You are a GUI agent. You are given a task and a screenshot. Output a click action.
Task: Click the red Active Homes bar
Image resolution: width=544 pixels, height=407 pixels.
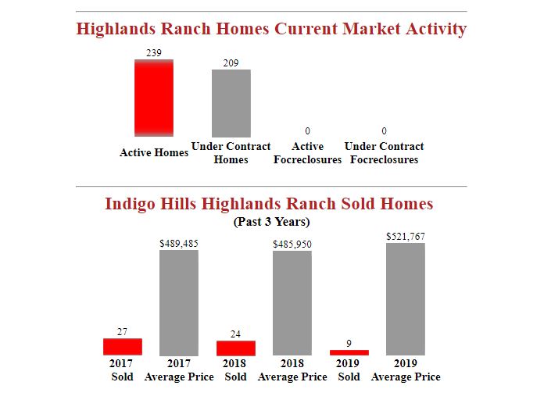[x=154, y=98]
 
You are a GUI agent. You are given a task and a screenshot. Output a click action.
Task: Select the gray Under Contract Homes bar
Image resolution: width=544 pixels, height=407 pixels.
[x=231, y=103]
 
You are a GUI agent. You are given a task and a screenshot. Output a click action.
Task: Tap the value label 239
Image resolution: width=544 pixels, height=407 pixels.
[x=154, y=52]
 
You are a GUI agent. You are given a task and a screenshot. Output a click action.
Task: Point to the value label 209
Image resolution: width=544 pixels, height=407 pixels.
[x=231, y=62]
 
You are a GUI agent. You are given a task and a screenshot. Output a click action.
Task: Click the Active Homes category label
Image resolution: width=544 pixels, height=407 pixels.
[x=154, y=152]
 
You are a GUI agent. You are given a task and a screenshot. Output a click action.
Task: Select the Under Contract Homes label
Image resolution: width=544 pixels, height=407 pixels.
[x=231, y=153]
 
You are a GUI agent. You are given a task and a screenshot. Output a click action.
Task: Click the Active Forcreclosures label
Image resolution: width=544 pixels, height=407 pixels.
[x=307, y=153]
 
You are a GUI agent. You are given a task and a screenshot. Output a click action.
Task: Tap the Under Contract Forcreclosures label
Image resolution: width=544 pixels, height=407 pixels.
[x=384, y=153]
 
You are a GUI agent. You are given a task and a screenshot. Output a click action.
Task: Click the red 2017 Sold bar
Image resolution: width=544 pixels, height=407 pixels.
[x=123, y=347]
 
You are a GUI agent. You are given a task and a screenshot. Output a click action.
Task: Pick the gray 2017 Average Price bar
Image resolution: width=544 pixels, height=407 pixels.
[x=179, y=302]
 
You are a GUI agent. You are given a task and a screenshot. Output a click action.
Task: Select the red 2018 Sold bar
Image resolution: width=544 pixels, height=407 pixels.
[x=235, y=348]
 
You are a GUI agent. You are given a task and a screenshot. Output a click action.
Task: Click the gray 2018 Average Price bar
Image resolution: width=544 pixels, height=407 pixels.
[x=292, y=303]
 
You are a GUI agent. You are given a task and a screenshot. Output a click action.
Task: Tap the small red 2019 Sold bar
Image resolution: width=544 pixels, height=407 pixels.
[x=349, y=352]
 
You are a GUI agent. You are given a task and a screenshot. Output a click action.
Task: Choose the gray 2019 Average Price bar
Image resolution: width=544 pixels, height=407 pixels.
[x=406, y=299]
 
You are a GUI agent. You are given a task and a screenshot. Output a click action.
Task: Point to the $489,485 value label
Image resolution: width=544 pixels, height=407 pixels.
[x=179, y=243]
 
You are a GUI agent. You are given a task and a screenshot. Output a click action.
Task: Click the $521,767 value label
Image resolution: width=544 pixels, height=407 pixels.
[x=406, y=236]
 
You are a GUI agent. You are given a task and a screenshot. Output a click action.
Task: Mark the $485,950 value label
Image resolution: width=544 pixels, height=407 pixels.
[x=292, y=245]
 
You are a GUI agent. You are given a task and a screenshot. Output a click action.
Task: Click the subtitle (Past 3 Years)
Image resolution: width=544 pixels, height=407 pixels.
[x=271, y=222]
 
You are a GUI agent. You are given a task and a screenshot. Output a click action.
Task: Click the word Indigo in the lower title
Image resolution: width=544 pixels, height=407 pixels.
[x=130, y=204]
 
